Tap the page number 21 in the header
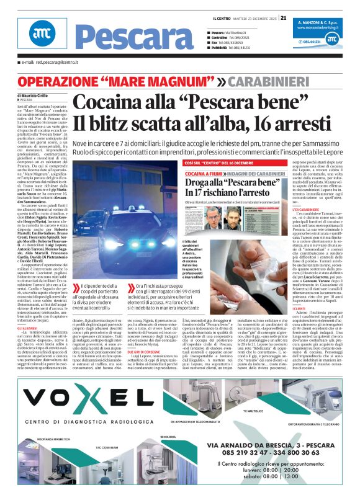(283, 17)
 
